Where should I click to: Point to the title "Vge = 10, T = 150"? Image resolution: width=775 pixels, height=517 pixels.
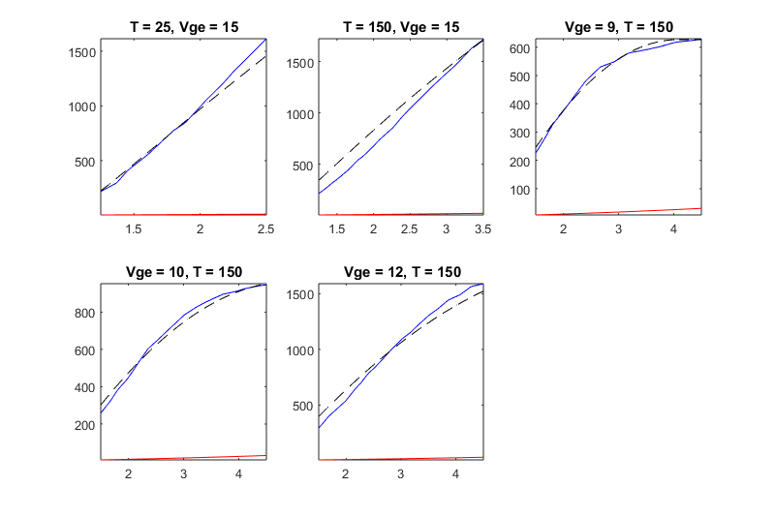183,272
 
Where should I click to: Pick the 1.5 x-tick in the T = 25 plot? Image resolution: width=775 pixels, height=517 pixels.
134,228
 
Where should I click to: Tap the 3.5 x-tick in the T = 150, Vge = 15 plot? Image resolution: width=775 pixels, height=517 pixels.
482,228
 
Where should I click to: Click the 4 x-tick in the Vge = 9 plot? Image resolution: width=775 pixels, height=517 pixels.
673,228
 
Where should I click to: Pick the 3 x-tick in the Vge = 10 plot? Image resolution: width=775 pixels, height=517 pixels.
183,473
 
